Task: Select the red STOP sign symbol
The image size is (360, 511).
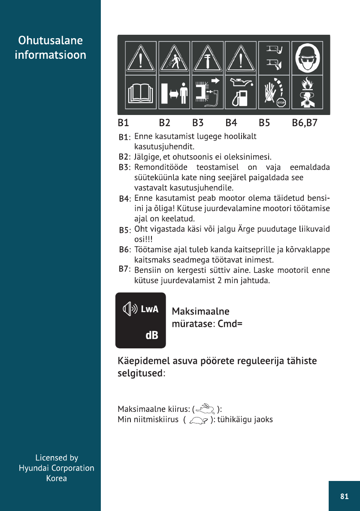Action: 281,103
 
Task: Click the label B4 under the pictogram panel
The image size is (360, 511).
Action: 231,123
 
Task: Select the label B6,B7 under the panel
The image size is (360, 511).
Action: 305,123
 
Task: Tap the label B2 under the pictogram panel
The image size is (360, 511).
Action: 164,123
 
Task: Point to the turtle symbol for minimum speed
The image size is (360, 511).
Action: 198,420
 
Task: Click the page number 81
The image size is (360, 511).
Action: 344,496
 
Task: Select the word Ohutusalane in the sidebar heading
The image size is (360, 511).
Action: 50,41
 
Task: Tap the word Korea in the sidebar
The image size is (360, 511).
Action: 57,478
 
